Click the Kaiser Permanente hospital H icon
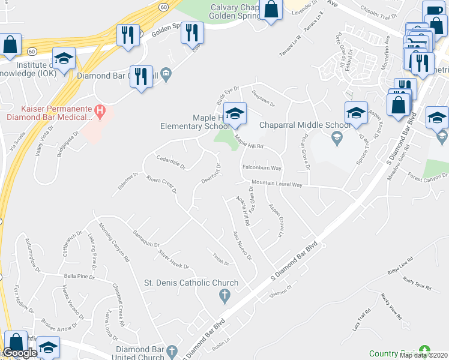[x=100, y=111]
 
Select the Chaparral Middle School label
[x=304, y=125]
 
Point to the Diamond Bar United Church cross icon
[x=171, y=350]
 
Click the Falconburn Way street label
[x=262, y=168]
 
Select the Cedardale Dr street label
[x=172, y=163]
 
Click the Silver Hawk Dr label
[x=173, y=259]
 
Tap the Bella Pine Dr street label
[x=79, y=277]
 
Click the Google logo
[x=20, y=353]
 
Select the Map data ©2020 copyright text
[x=423, y=355]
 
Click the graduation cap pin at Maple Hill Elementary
[x=236, y=113]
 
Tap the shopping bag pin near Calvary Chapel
[x=271, y=10]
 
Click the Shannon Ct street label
[x=280, y=287]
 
